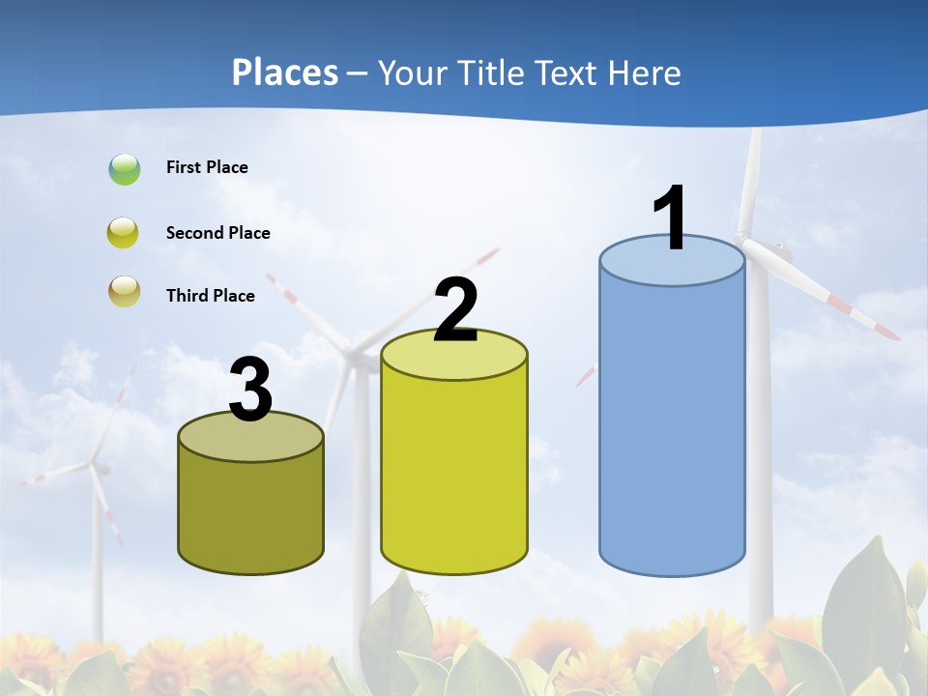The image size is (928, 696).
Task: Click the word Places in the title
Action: click(285, 72)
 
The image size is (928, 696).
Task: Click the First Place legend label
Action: click(207, 167)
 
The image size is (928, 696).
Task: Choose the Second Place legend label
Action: click(217, 233)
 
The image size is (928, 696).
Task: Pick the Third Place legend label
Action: click(210, 296)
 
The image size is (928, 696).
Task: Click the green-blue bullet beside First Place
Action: click(125, 169)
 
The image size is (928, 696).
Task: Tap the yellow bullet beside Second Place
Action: click(125, 233)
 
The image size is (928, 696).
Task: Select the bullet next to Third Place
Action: click(125, 291)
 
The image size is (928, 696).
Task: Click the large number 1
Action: click(671, 219)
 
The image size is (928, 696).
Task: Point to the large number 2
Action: click(455, 310)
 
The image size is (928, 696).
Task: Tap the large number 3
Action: click(251, 391)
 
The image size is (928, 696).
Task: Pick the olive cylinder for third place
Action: click(251, 512)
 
